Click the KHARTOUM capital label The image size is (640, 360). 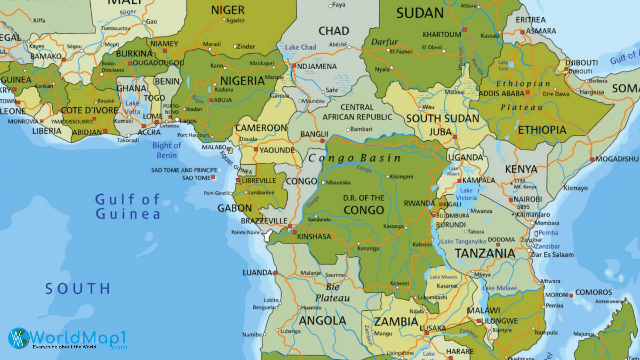(442, 35)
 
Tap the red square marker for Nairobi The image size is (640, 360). (511, 200)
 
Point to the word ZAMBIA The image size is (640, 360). (396, 322)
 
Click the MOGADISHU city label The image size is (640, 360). (617, 159)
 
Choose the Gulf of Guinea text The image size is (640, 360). (128, 207)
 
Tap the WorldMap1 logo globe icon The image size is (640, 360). (19, 338)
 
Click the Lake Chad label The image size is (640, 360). (300, 47)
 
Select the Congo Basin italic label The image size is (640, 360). (354, 158)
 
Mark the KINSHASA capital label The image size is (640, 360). (314, 237)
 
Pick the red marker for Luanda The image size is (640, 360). (275, 273)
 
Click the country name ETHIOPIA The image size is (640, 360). (542, 130)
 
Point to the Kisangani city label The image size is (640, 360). (401, 177)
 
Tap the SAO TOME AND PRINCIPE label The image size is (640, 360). (184, 170)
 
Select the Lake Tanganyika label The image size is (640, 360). (463, 241)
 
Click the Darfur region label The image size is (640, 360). (385, 42)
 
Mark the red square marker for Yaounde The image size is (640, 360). (256, 150)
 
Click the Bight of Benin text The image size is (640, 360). (167, 150)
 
